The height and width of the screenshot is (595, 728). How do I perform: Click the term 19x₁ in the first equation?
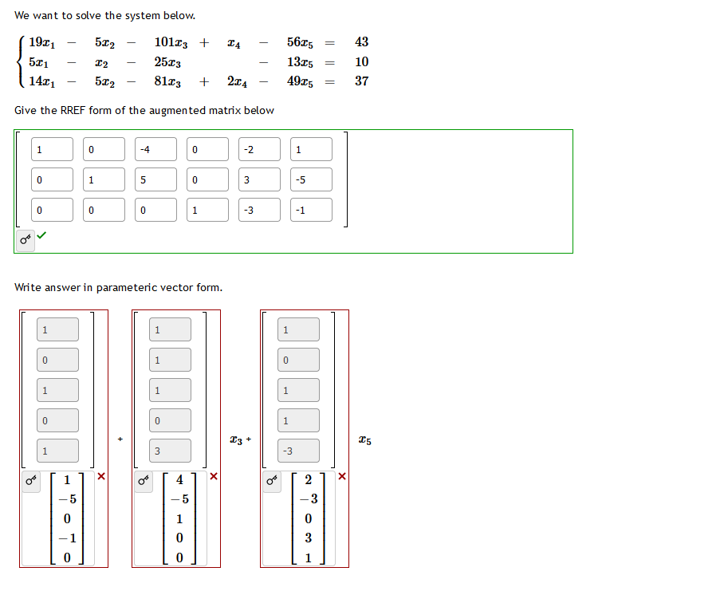tap(41, 42)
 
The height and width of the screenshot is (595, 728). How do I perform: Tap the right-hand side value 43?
tap(361, 41)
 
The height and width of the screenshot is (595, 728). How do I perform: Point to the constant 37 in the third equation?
tap(361, 81)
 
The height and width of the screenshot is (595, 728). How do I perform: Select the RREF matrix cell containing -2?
tap(259, 149)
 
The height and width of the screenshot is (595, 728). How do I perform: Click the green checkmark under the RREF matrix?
tap(41, 236)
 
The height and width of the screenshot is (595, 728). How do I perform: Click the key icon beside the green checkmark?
tap(26, 238)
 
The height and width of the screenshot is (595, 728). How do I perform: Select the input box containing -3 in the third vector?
tap(298, 451)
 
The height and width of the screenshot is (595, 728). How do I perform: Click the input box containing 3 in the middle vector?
tap(170, 451)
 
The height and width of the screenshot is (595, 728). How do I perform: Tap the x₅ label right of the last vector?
tap(364, 439)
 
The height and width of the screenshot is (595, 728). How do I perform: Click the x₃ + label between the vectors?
tap(240, 439)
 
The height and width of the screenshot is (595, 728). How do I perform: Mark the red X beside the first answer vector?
tap(101, 477)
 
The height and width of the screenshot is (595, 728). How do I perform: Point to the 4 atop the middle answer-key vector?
tap(179, 480)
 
